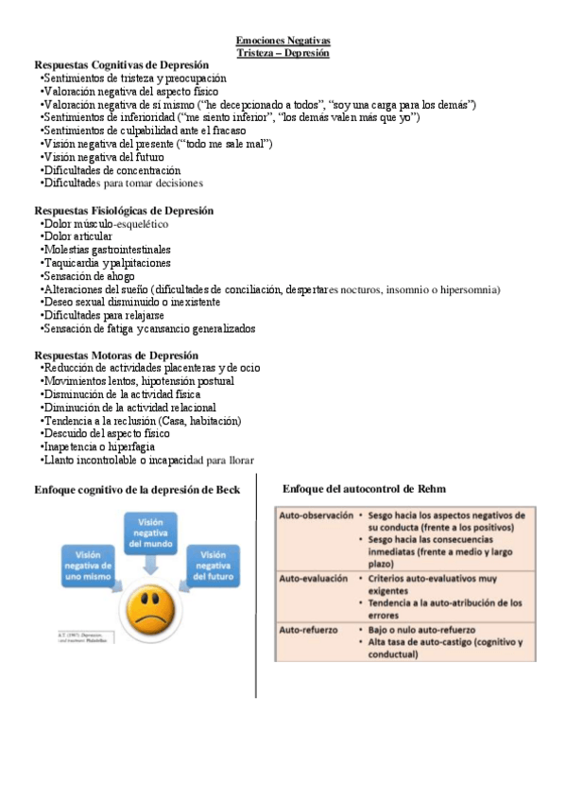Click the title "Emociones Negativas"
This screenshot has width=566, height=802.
[283, 41]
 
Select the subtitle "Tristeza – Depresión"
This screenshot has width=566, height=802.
[283, 53]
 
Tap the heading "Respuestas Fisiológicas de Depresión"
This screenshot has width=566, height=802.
[124, 210]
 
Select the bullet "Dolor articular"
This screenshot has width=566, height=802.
[77, 236]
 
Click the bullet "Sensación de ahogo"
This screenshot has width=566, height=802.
[88, 276]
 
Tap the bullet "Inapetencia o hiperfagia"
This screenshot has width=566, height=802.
[100, 446]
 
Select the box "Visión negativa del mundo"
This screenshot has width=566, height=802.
[148, 533]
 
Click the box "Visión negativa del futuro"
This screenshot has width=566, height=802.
[213, 566]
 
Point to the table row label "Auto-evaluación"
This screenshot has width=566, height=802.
[313, 577]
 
